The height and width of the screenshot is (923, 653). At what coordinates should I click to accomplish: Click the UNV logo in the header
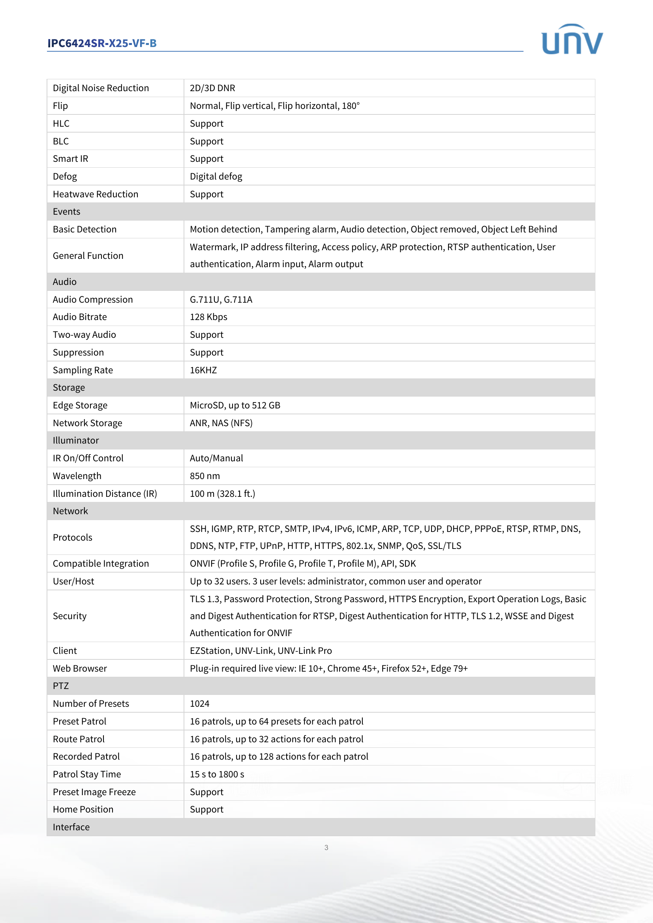coord(572,39)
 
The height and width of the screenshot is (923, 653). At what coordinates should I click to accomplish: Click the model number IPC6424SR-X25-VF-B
coord(102,43)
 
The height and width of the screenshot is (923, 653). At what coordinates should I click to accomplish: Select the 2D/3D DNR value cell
coord(212,88)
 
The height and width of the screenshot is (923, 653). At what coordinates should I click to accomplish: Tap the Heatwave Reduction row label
coord(95,194)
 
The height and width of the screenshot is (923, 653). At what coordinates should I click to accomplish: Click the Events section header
coord(67,212)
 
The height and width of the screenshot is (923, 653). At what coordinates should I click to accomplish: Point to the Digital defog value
coord(216,176)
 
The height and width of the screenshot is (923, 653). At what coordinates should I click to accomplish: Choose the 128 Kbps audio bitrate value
coord(208,317)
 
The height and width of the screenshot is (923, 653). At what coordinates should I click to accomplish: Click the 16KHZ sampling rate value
coord(203,370)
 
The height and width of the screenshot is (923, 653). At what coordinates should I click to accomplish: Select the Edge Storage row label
coord(80,405)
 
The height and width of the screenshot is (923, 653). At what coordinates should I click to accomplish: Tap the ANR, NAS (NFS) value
coord(221,423)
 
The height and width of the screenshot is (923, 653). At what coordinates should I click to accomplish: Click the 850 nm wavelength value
coord(205,476)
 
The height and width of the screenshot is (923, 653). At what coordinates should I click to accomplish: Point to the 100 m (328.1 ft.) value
coord(222,494)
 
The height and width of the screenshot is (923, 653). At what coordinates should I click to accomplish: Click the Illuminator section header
coord(75,440)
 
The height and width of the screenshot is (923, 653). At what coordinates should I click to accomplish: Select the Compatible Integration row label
coord(101,564)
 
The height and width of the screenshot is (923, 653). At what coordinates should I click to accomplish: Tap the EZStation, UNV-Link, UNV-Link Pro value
coord(261,650)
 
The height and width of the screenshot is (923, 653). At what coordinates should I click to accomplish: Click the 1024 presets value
coord(199,704)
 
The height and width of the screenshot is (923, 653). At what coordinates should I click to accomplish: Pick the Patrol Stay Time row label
coord(87,774)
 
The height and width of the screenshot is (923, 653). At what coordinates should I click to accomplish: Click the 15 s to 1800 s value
coord(217,774)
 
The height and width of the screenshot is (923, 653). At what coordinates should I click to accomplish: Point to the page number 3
coord(326,847)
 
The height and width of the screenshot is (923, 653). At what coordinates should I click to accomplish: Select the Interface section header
coord(71,827)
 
